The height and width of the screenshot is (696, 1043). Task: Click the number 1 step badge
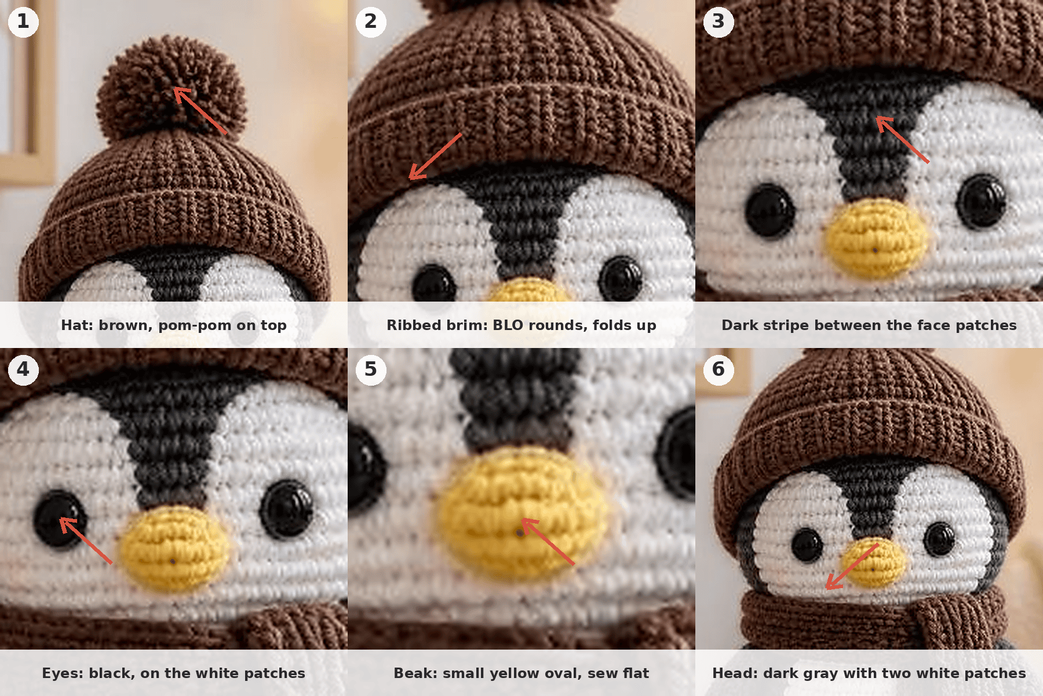[23, 22]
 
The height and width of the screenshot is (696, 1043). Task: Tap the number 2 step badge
[371, 22]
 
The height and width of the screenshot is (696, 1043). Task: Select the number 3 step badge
[719, 22]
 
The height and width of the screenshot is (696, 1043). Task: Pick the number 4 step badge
[23, 370]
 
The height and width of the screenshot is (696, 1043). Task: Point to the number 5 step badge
[371, 370]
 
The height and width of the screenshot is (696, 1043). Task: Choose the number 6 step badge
[719, 370]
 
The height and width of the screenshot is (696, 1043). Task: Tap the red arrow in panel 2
[435, 157]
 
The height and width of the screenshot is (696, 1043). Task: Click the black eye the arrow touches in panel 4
[60, 519]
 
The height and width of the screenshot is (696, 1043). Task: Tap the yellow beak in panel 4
[174, 548]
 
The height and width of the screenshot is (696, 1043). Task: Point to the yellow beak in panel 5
[521, 513]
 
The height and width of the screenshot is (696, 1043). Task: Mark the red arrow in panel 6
[852, 566]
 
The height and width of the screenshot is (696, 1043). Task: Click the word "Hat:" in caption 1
[78, 325]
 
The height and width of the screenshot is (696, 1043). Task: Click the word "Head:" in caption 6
[735, 673]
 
